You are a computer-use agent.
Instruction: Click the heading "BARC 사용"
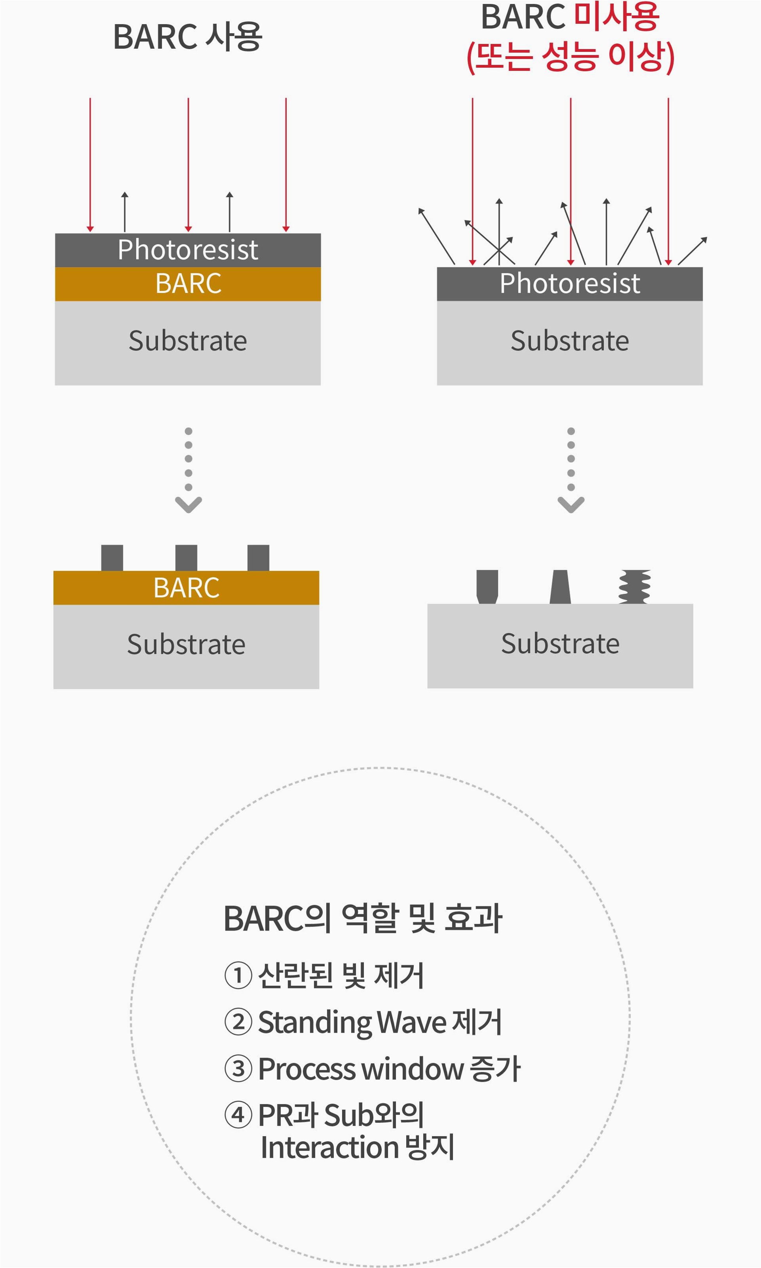187,37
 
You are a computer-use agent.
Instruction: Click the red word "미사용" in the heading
616,16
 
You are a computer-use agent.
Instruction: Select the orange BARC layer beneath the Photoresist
188,284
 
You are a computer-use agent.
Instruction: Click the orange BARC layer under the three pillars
186,588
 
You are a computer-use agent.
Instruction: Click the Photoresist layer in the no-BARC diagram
570,284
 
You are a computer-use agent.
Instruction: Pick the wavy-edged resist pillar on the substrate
635,586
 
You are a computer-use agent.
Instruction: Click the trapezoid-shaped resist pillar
560,586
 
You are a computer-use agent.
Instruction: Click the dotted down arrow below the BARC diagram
189,469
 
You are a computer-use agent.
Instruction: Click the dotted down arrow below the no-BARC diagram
571,469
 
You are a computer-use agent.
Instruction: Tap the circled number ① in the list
239,975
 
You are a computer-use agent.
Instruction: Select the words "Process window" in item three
360,1069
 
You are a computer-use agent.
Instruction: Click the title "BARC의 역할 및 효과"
363,918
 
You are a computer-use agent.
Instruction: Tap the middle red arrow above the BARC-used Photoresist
188,164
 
